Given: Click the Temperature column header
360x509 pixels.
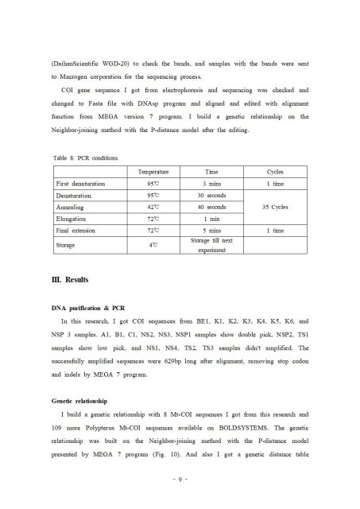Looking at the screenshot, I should pos(153,172).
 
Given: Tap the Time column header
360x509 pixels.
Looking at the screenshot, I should pos(211,172).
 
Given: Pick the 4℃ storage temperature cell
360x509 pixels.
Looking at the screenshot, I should pos(153,245).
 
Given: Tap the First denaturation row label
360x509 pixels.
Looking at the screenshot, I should pos(81,184).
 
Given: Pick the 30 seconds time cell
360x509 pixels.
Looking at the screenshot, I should pos(211,195).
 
